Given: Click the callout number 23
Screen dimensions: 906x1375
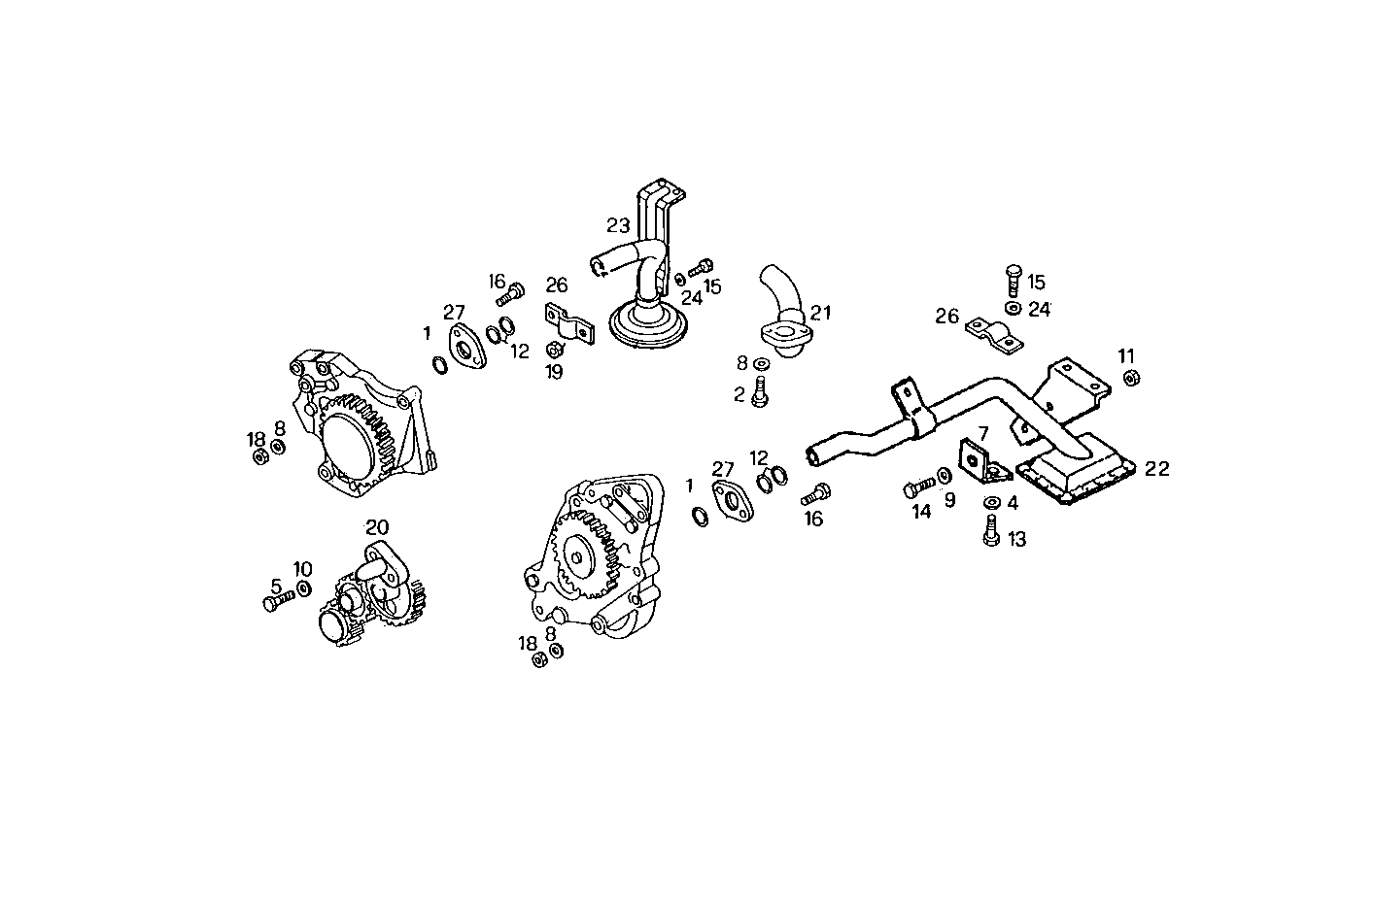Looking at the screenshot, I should [x=618, y=225].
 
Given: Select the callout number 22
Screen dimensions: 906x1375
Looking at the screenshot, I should [x=1156, y=468].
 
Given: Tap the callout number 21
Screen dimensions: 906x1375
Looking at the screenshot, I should [x=821, y=313].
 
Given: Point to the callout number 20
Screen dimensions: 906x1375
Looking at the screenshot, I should [x=377, y=526].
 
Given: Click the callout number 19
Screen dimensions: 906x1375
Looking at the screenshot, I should [x=555, y=371].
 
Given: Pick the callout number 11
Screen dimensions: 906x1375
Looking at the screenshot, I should [x=1125, y=355].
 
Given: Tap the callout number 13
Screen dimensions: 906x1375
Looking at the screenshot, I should [x=1016, y=539].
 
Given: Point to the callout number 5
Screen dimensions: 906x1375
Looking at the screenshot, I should [x=276, y=587].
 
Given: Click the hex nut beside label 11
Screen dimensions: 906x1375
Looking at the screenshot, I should [x=1131, y=378].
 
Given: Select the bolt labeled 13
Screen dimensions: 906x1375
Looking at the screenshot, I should [x=991, y=530].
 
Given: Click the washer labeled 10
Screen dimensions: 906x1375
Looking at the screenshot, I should [x=303, y=588].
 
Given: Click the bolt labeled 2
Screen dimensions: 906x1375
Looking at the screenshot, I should [x=762, y=394].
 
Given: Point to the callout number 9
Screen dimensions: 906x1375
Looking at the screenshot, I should [x=949, y=500].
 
